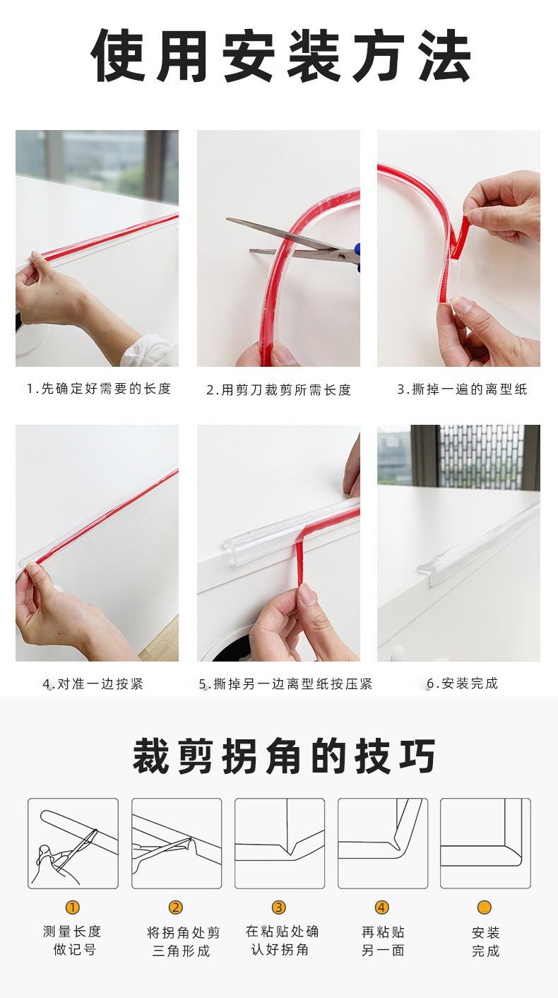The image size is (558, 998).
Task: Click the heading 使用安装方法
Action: click(280, 57)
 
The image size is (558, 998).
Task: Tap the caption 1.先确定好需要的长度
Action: click(99, 389)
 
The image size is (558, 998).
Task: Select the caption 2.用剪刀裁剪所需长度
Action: click(278, 390)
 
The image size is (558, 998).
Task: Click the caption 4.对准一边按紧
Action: click(93, 684)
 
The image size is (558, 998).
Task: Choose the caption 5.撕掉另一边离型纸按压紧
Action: click(285, 684)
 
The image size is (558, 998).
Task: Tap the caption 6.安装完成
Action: click(463, 683)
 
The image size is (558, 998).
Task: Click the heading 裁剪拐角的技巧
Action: click(284, 756)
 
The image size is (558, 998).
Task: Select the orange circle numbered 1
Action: click(73, 908)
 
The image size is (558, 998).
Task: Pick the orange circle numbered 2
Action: click(176, 908)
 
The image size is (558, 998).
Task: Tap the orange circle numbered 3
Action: click(279, 908)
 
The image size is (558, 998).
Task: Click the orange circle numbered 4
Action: click(382, 908)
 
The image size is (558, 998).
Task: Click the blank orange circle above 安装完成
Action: click(485, 908)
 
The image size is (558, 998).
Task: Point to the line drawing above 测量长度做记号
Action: click(73, 843)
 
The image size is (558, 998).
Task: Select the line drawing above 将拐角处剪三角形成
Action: click(177, 843)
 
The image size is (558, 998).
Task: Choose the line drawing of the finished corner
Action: click(485, 843)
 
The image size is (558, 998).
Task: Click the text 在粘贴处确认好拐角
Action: click(282, 941)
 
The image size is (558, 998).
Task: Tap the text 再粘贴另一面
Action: click(383, 941)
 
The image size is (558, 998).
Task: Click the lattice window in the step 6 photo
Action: click(480, 456)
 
